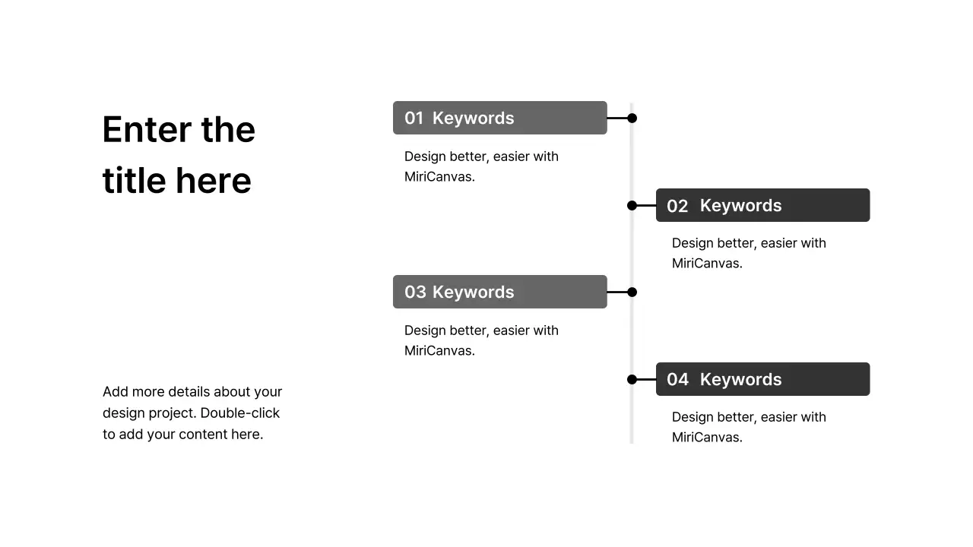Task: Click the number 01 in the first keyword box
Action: [x=414, y=118]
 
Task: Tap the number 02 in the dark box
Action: [x=677, y=206]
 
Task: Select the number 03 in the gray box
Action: [x=415, y=292]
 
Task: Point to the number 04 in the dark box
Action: [x=677, y=379]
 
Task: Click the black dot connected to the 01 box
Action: [x=632, y=118]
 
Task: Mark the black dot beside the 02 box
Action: [x=632, y=205]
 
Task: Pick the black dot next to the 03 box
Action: [x=632, y=292]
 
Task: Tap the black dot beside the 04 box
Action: [x=632, y=379]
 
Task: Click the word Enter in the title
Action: [x=147, y=129]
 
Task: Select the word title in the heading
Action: [x=135, y=180]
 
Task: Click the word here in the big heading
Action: [x=214, y=181]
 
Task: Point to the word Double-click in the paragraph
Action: [x=239, y=413]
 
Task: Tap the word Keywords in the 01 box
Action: [x=473, y=119]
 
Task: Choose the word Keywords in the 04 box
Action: [x=740, y=380]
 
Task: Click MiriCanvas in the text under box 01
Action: [x=439, y=177]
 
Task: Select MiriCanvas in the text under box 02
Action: [x=707, y=263]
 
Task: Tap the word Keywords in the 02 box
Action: [x=740, y=206]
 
